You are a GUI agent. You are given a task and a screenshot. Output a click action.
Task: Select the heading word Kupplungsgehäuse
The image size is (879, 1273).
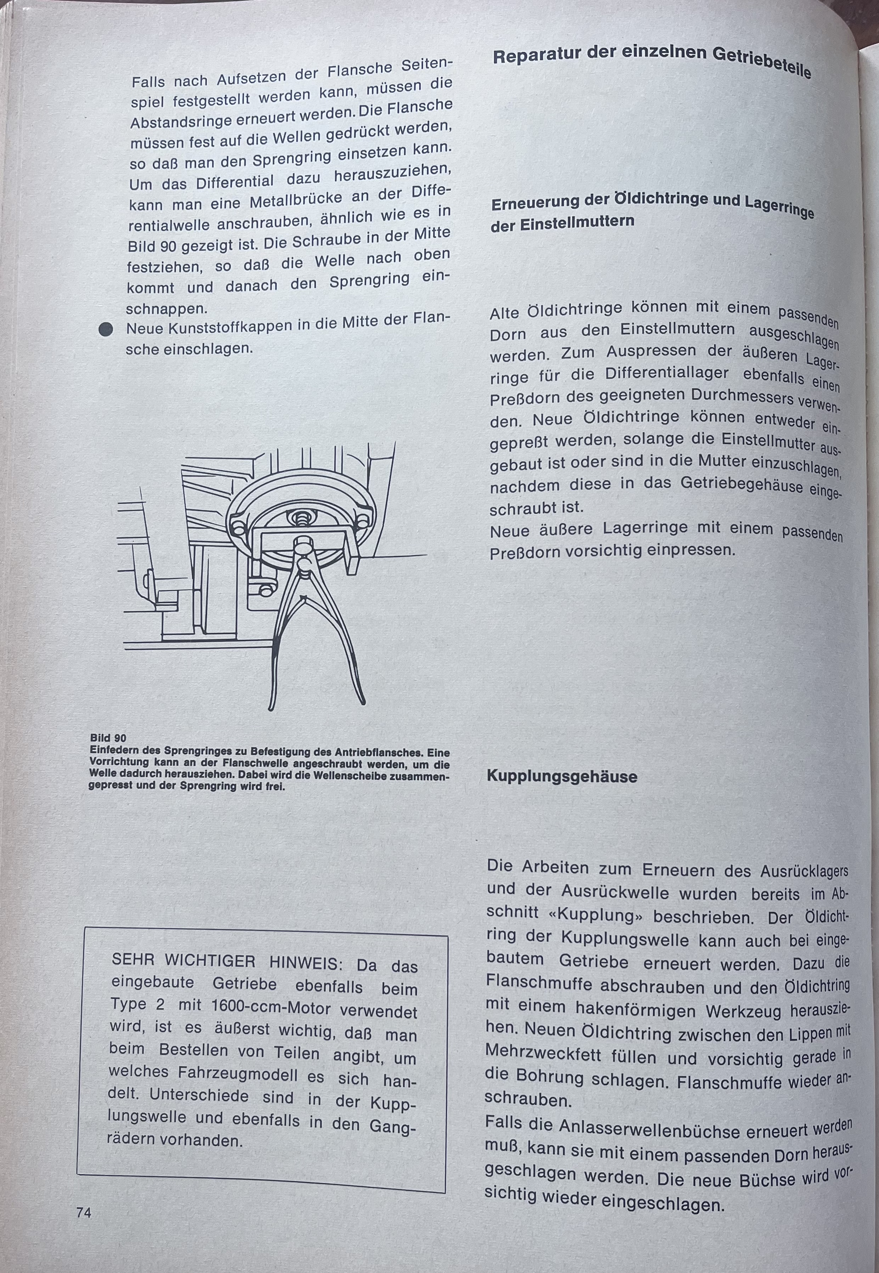coord(562,777)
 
